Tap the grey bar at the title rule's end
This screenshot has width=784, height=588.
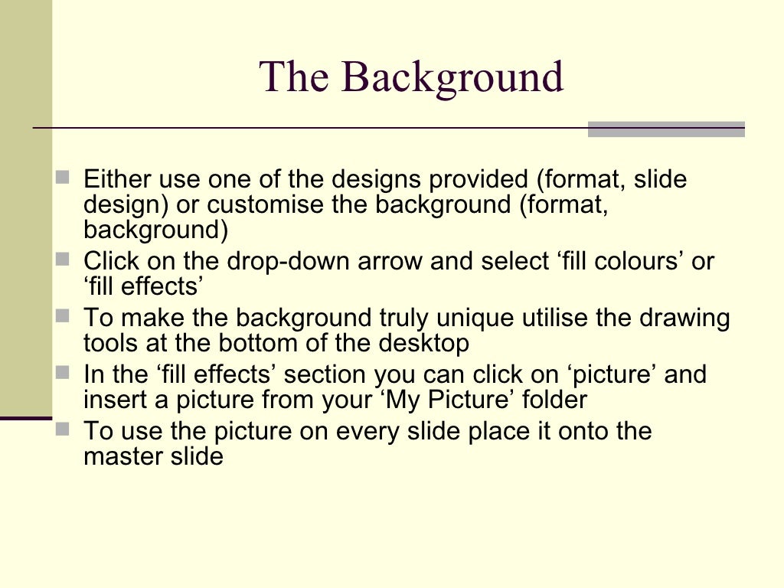coord(666,129)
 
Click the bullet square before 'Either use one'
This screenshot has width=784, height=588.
coord(63,178)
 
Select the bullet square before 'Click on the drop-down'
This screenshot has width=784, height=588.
coord(63,260)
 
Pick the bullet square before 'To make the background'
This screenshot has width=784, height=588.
coord(63,315)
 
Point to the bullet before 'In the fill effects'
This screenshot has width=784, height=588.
coord(63,373)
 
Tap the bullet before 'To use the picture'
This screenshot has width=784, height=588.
coord(63,429)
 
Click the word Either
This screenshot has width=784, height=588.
coord(117,180)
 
